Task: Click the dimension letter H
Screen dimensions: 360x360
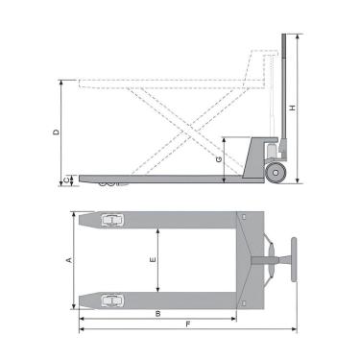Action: click(x=292, y=108)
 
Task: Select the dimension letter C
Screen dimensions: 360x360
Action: click(x=64, y=180)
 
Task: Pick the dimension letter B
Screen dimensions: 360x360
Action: click(x=156, y=314)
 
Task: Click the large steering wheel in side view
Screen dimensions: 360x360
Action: click(x=276, y=174)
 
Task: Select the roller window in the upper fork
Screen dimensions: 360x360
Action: click(x=114, y=221)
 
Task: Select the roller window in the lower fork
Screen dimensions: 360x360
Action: click(x=114, y=299)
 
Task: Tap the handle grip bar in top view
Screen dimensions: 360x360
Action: click(x=293, y=259)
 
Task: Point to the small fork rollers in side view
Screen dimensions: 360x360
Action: click(x=108, y=182)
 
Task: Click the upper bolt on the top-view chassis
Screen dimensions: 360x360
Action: click(x=244, y=220)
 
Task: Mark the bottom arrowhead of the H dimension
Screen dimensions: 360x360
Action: click(x=297, y=180)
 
